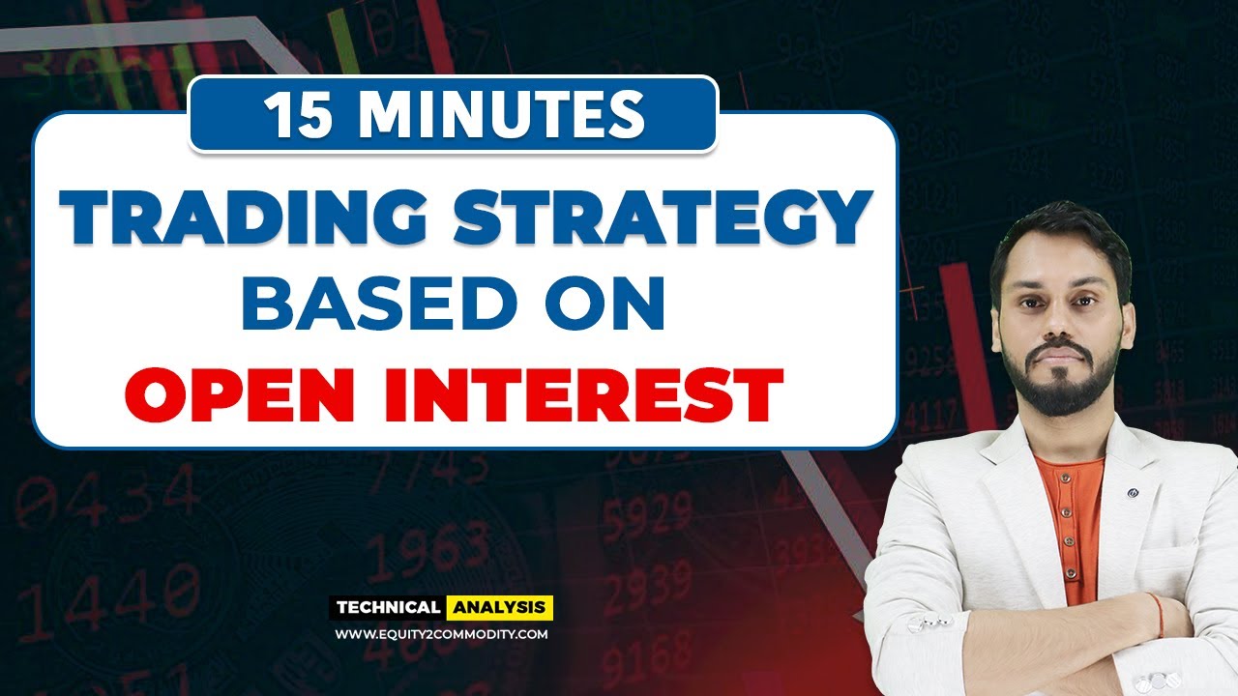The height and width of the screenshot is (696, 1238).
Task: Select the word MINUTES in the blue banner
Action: coord(503,115)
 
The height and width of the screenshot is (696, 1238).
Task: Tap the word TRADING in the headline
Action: coord(242,219)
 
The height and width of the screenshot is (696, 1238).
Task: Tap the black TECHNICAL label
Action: coord(387,608)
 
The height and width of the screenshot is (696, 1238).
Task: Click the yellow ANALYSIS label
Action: coord(499,608)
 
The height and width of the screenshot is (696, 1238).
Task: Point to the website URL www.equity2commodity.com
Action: coord(441,634)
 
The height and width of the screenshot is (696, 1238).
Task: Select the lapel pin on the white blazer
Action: coord(1133,493)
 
